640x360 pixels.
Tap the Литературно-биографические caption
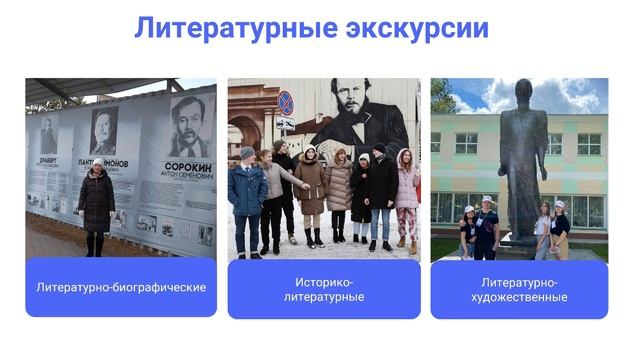121,288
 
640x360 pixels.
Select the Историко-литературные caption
324,290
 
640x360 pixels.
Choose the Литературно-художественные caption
519,290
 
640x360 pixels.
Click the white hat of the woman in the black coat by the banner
98,162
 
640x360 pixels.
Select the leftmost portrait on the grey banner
48,135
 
